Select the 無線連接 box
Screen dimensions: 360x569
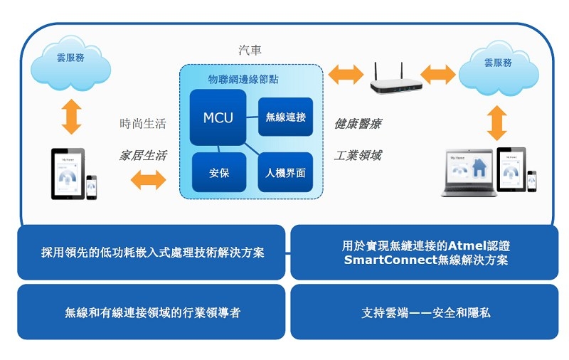pos(285,117)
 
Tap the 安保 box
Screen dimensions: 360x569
pos(219,172)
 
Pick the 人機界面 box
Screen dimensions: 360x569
pos(285,172)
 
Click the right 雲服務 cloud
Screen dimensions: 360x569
pos(498,64)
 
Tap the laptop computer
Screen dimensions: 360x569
pos(468,173)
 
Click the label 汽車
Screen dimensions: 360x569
pos(250,51)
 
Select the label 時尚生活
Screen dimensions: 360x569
pos(142,124)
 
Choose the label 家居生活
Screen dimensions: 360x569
pos(142,155)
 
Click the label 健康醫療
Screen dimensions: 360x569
pos(358,124)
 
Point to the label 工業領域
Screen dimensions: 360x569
pos(358,155)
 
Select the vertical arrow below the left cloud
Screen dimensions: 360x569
pos(71,117)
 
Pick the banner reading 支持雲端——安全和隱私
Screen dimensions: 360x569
pos(425,312)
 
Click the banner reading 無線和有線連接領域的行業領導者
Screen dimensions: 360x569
pos(151,312)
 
